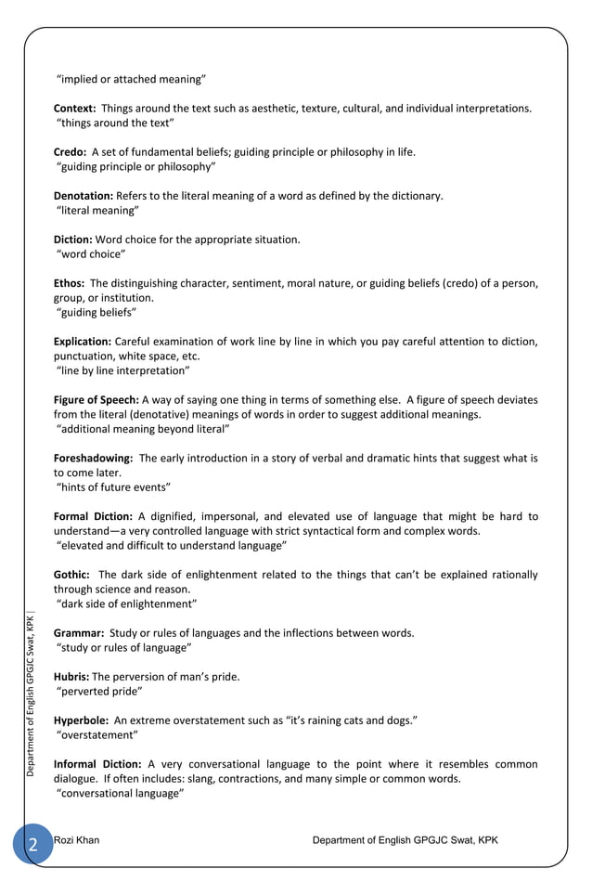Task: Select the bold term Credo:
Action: tap(71, 152)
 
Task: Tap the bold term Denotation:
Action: tap(84, 196)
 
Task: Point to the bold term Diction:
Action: tap(73, 240)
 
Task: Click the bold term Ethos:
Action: tap(71, 283)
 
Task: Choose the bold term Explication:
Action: tap(83, 342)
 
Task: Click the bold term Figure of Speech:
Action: tap(97, 400)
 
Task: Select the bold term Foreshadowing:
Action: tap(94, 459)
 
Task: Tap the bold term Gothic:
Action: tap(71, 575)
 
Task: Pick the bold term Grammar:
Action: tap(78, 633)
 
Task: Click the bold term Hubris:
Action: tap(71, 677)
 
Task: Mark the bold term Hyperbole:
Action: tap(82, 720)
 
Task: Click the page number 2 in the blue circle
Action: tap(32, 844)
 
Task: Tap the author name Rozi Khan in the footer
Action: tap(77, 840)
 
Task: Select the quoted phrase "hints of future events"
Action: tap(114, 487)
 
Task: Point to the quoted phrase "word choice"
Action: tap(91, 254)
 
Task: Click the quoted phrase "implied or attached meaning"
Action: tap(132, 79)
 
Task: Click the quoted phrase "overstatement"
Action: tap(97, 735)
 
